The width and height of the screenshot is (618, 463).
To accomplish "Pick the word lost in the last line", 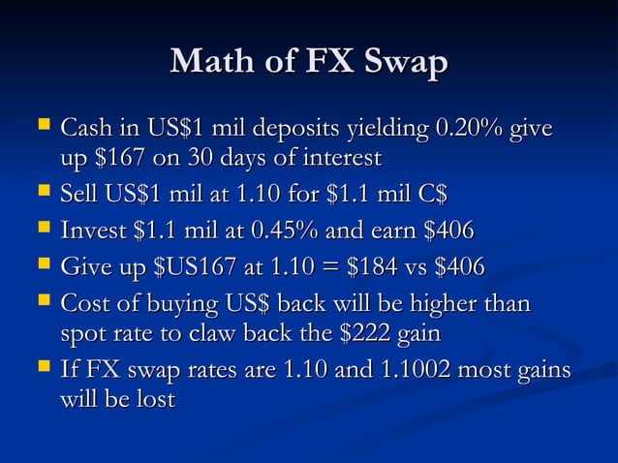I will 154,399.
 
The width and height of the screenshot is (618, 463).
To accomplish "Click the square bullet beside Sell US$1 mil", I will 42,192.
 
